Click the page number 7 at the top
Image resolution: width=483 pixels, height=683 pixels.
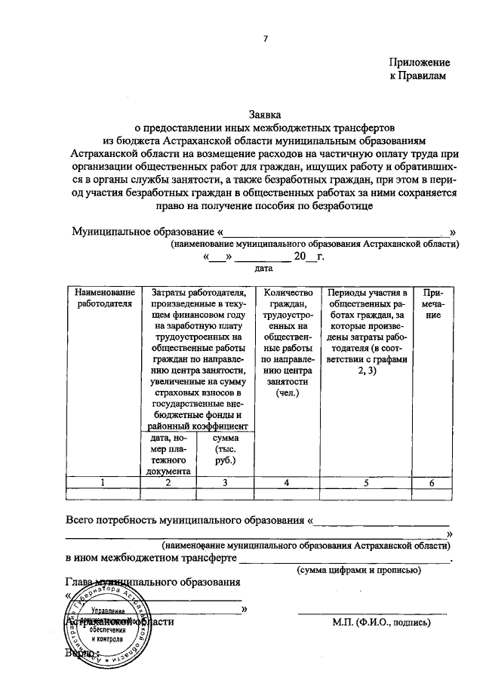[265, 38]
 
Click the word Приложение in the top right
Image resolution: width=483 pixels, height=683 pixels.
[420, 63]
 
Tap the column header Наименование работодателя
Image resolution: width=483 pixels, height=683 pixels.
[104, 297]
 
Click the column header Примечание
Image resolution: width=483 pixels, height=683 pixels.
[432, 303]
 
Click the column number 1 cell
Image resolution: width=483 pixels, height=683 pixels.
[104, 483]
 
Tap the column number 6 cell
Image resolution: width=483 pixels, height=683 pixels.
[432, 483]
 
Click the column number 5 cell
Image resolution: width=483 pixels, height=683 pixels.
[366, 483]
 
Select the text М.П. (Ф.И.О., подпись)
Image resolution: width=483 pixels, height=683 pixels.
[381, 623]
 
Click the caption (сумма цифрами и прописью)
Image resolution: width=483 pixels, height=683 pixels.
[358, 571]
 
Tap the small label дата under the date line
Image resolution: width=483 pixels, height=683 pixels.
[263, 268]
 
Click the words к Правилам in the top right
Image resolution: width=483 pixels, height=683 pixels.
[419, 76]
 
